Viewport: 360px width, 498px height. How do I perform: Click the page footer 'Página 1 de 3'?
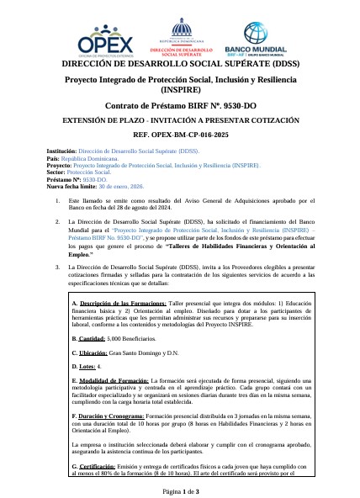[x=179, y=490]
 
